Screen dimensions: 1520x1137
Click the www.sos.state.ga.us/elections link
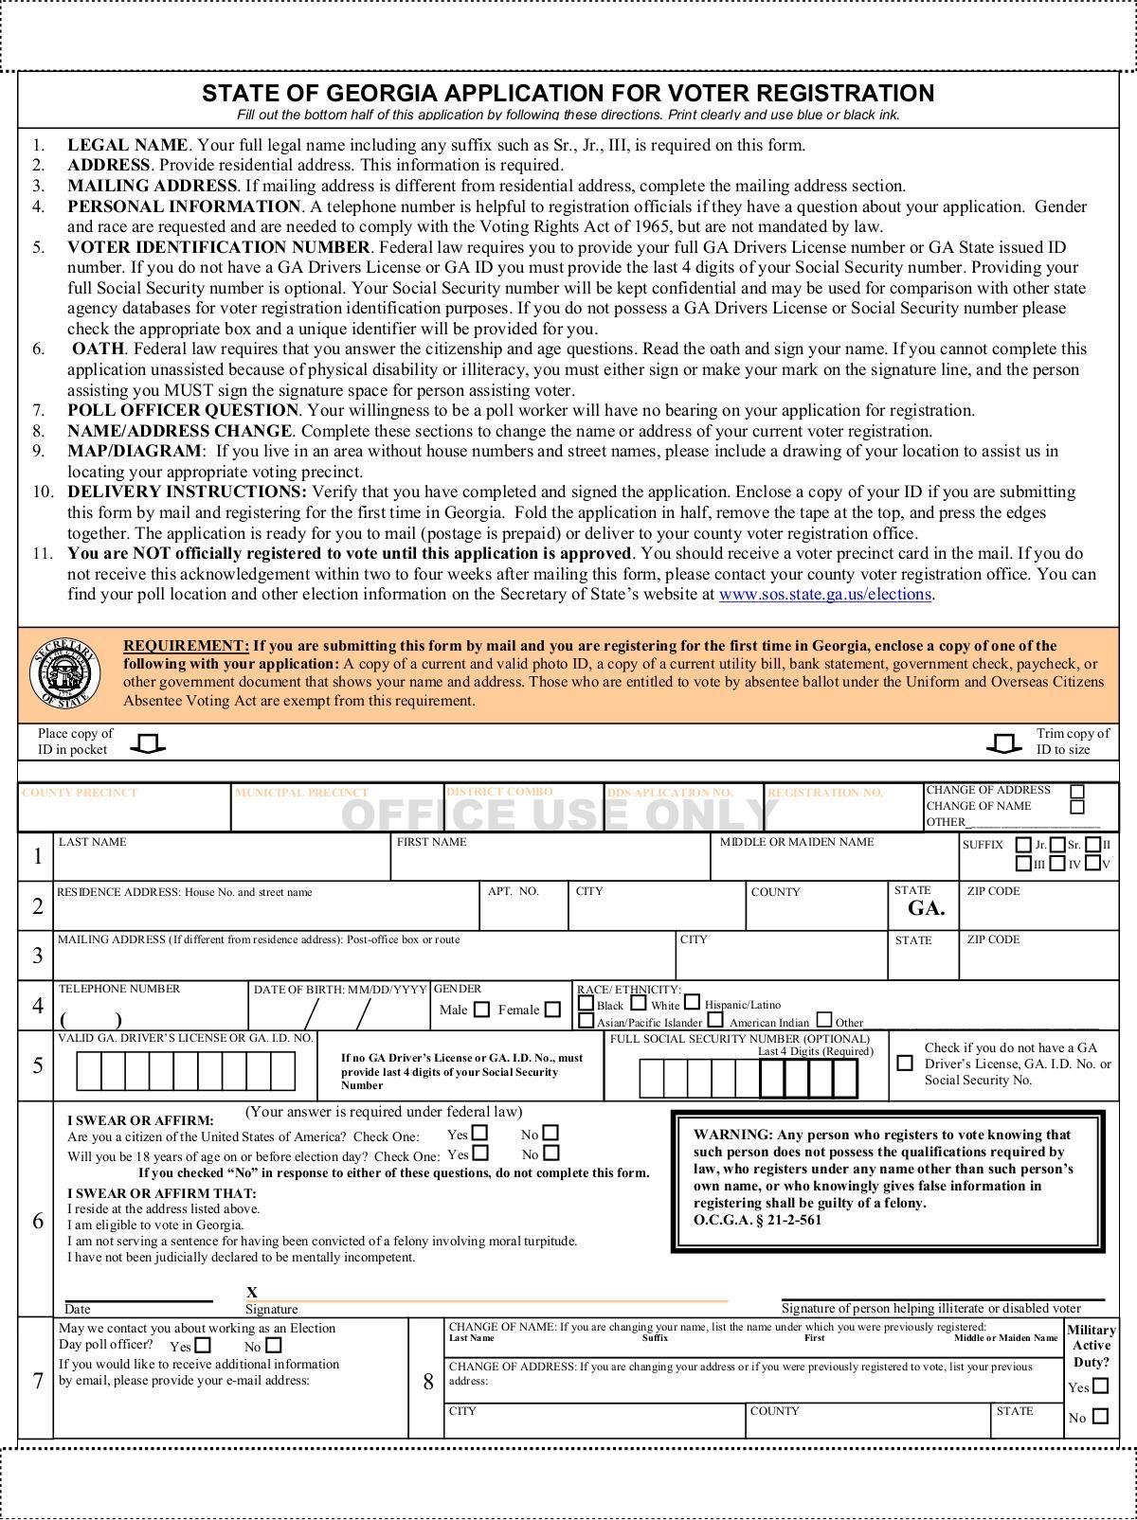pos(825,595)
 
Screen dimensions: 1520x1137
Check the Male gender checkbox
pos(481,1010)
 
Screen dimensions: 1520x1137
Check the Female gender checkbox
pos(552,1010)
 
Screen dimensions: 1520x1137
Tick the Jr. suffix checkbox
pos(1023,845)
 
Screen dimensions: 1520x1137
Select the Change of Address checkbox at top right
pos(1077,791)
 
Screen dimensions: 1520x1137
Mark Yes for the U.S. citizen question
pos(480,1133)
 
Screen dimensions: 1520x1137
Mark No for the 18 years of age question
pos(551,1153)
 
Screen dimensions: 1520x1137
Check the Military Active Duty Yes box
pos(1100,1386)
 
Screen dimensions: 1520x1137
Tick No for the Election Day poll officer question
pos(274,1345)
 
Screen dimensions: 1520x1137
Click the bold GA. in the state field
pos(926,908)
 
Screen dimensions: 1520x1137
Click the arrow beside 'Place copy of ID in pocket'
pos(147,744)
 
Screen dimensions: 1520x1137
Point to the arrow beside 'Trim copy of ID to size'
pos(1004,744)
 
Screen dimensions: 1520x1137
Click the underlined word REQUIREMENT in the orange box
pos(187,646)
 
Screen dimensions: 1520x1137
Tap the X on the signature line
pos(252,1293)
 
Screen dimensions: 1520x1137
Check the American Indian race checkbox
pos(715,1021)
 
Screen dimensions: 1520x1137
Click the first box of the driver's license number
pos(88,1071)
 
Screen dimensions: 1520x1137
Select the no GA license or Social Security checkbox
pos(905,1063)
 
